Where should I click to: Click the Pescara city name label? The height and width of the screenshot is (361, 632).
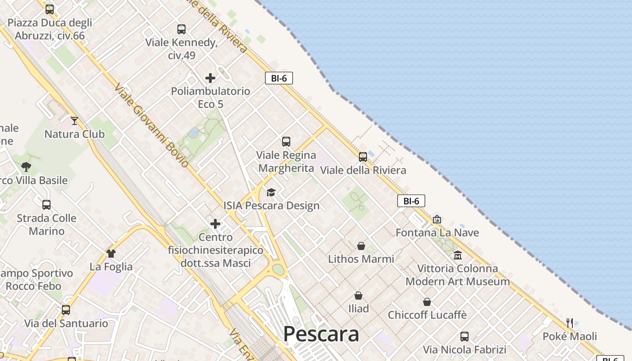click(x=321, y=334)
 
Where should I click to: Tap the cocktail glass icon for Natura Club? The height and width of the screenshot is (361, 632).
click(x=74, y=121)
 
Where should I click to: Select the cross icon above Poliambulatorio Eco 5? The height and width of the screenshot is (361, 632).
click(x=210, y=78)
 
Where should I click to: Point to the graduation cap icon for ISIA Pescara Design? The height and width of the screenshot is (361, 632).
click(x=271, y=193)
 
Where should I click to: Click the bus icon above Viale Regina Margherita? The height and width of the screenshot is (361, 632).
click(x=286, y=142)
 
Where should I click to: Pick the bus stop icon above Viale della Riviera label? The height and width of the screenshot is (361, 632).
click(x=363, y=157)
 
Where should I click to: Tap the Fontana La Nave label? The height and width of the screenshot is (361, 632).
click(x=437, y=232)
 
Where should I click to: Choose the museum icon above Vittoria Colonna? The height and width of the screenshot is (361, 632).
click(x=458, y=255)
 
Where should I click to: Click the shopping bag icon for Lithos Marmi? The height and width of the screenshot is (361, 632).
click(x=361, y=246)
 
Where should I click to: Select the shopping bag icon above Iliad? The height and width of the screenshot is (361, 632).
click(x=358, y=296)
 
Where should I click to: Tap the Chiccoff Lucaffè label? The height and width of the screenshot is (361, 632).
click(x=427, y=315)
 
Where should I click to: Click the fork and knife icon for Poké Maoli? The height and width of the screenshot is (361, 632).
click(x=570, y=323)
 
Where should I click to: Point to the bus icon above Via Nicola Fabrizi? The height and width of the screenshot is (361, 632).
click(x=465, y=337)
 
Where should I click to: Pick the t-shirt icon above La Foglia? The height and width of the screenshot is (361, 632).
click(x=111, y=254)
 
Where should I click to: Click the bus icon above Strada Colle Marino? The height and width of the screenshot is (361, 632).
click(x=46, y=205)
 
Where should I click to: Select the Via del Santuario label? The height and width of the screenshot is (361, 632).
click(x=66, y=323)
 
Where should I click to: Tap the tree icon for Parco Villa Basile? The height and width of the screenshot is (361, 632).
click(x=26, y=167)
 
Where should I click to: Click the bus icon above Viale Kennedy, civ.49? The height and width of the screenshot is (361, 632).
click(x=181, y=29)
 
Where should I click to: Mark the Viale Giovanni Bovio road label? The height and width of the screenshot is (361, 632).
click(x=152, y=125)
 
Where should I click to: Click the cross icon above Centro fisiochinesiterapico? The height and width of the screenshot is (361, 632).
click(x=215, y=224)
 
